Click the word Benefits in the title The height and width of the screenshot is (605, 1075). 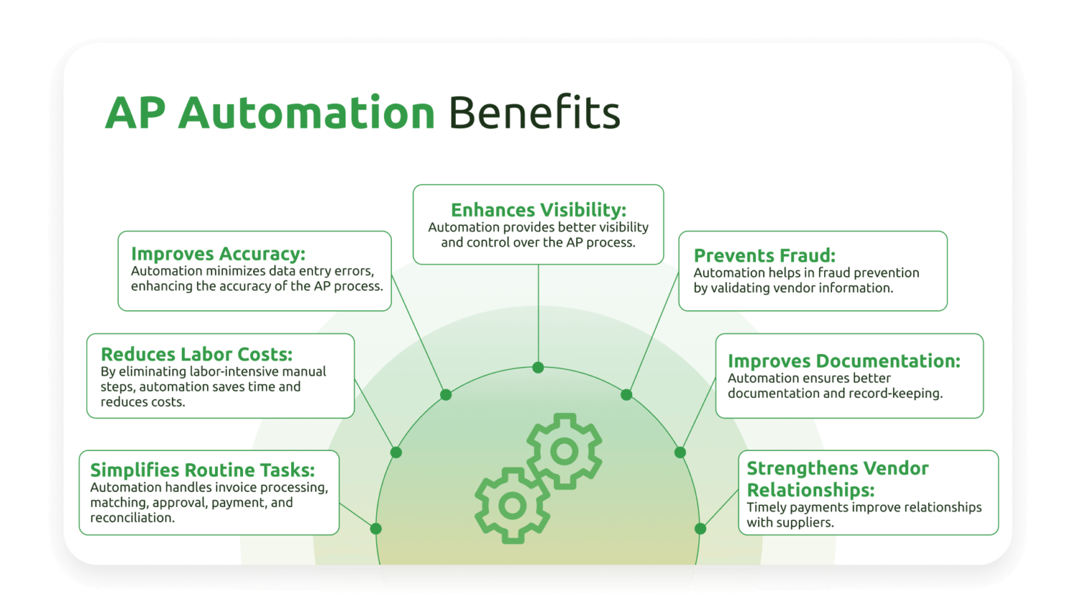pos(534,113)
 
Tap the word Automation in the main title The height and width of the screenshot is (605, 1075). pos(307,113)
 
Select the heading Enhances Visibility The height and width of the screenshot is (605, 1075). pos(538,209)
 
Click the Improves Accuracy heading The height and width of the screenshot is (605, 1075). pos(218,254)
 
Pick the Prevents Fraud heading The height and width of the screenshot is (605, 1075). pos(764,255)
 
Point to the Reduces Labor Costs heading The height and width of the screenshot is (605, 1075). pos(196,354)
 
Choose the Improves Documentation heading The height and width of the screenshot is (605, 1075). pos(844,361)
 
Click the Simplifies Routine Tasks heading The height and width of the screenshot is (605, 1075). pos(202,470)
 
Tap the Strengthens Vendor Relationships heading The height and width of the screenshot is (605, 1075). pos(837,479)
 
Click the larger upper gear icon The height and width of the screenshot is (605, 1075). pos(564,451)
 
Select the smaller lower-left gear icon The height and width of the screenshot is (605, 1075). pos(512,505)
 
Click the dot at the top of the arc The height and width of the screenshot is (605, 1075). pos(538,368)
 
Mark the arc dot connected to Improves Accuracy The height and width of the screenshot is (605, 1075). pos(446,395)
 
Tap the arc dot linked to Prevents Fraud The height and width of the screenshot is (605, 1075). pos(626,395)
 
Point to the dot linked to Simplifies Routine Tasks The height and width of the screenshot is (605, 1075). pos(376,529)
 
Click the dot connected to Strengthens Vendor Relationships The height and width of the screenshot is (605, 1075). pos(700,529)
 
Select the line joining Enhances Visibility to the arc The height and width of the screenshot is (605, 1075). pos(538,315)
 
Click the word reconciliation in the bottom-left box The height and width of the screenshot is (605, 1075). pos(131,518)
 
